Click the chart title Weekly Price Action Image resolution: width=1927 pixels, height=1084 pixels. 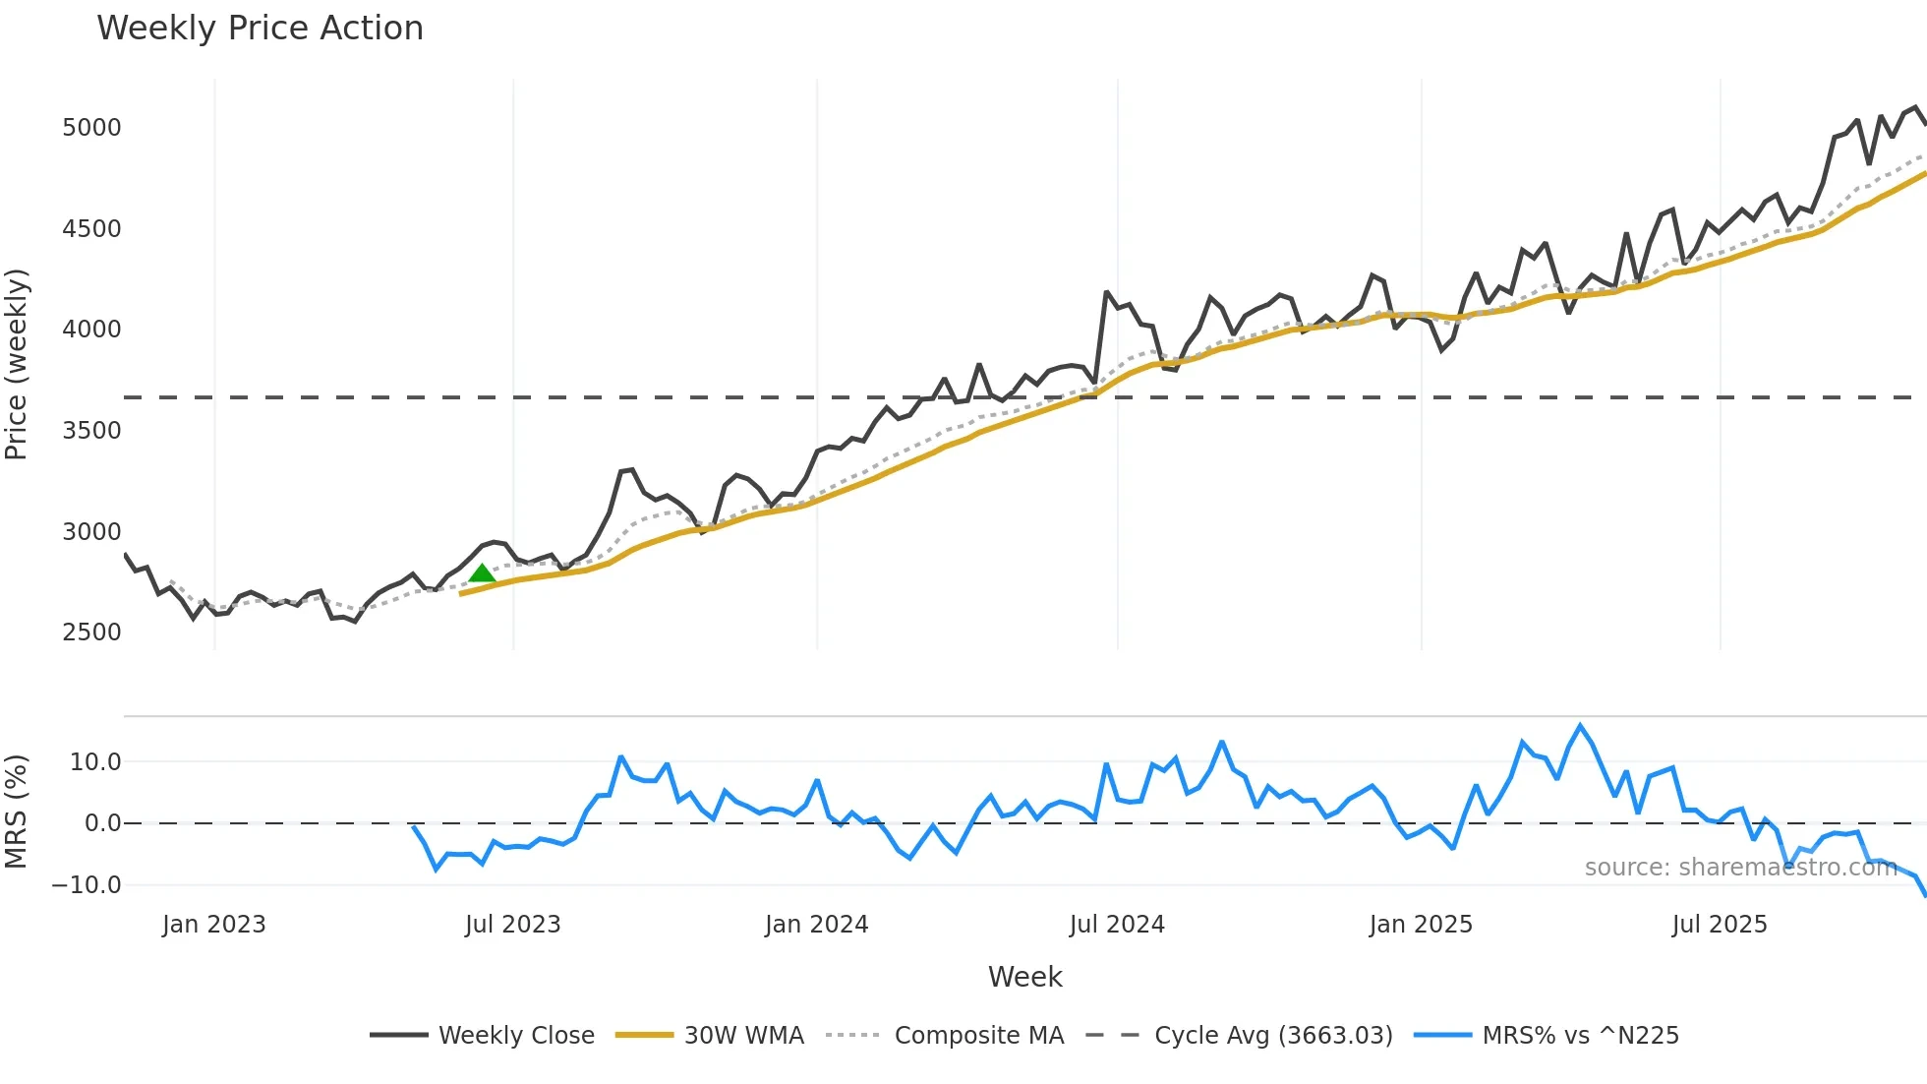click(x=260, y=29)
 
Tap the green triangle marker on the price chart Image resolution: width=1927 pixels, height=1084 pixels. click(x=482, y=573)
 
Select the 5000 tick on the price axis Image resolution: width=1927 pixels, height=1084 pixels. click(x=91, y=128)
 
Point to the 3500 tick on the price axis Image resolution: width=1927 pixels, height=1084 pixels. click(x=91, y=431)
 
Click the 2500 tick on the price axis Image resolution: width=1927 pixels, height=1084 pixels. click(x=91, y=632)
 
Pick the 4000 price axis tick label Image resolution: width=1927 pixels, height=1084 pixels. click(x=91, y=330)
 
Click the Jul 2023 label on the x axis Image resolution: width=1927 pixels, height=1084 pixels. click(x=512, y=925)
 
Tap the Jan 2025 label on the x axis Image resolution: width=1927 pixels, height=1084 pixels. click(x=1421, y=925)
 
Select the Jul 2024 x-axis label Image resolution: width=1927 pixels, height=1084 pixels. click(x=1117, y=925)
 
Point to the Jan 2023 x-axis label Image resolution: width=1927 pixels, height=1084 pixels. click(x=214, y=925)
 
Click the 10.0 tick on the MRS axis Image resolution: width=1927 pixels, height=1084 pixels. click(x=95, y=762)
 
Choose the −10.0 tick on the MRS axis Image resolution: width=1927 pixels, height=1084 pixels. click(x=87, y=885)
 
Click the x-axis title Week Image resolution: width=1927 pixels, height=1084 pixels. click(x=1024, y=977)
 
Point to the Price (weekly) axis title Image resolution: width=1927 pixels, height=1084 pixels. click(x=17, y=364)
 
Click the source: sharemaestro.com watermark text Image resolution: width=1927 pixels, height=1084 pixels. click(x=1740, y=868)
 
